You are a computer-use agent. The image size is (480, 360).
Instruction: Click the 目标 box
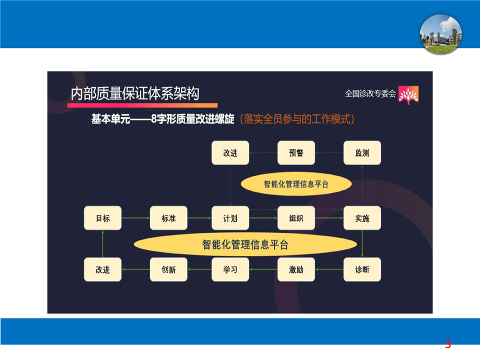(102, 218)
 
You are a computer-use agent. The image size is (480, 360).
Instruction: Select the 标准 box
(168, 218)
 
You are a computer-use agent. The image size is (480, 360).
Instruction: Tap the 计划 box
(230, 218)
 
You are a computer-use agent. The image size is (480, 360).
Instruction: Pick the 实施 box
(362, 218)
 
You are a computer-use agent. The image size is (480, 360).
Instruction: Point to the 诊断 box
(362, 269)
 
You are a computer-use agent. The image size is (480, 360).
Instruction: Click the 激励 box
(296, 269)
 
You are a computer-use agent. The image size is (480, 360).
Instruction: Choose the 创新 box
(168, 269)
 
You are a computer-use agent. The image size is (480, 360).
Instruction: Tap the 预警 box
(296, 153)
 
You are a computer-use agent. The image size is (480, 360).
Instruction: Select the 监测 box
(362, 153)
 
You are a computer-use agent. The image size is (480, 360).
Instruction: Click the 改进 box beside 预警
(230, 153)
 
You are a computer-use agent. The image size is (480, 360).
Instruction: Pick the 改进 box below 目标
(102, 269)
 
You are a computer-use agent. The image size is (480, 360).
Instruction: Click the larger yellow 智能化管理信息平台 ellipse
(245, 244)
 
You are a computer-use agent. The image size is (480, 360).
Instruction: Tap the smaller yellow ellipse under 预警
(296, 184)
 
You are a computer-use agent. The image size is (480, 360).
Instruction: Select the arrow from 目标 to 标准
(135, 218)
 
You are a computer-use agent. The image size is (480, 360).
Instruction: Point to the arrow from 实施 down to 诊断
(362, 243)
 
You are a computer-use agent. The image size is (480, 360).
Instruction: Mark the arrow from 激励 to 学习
(263, 269)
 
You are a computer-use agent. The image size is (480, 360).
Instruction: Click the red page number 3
(448, 344)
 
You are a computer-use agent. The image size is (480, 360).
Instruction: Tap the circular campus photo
(440, 34)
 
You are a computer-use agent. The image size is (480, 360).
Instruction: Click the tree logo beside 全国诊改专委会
(408, 95)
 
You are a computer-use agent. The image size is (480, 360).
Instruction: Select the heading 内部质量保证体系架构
(135, 93)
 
